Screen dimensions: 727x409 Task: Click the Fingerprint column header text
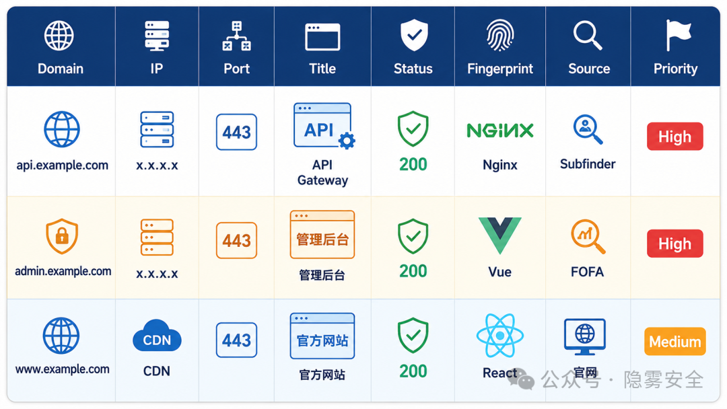click(499, 69)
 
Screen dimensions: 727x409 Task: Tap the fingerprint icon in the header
click(499, 35)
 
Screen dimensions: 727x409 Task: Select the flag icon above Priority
click(679, 35)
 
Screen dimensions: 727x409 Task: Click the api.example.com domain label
click(62, 165)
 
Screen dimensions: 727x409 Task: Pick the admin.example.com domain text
click(63, 271)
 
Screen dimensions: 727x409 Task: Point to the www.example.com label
click(62, 369)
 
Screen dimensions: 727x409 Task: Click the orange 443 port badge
click(236, 240)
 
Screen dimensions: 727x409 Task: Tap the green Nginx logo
click(499, 131)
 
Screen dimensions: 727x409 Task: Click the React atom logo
click(499, 336)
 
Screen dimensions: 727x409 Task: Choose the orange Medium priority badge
click(675, 341)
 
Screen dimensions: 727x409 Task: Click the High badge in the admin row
click(675, 244)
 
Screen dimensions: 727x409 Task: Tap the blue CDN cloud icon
click(157, 336)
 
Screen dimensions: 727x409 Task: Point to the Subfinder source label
click(588, 164)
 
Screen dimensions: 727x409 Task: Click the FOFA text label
click(587, 271)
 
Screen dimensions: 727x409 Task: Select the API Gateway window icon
click(324, 126)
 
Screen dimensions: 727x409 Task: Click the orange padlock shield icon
click(62, 236)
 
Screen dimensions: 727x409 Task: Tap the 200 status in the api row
click(413, 164)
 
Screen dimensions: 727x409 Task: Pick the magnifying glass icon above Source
click(588, 35)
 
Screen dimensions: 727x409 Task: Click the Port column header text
click(236, 69)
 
